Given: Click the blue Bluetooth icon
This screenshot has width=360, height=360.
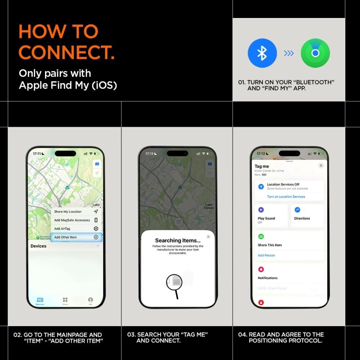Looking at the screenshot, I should (x=262, y=53).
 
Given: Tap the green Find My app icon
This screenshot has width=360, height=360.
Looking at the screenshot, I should (x=315, y=53).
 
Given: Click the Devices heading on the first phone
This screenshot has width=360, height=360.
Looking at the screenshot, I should (x=39, y=246).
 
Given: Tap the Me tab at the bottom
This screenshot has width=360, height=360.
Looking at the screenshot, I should (x=90, y=301).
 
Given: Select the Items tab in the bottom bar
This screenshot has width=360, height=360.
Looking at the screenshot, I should (x=65, y=301).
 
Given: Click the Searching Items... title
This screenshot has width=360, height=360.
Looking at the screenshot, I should (x=178, y=240).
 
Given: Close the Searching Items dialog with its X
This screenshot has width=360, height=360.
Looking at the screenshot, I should (x=208, y=237).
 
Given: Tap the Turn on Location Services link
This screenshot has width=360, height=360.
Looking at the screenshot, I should (x=286, y=197).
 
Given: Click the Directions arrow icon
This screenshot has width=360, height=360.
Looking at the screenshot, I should (x=297, y=210).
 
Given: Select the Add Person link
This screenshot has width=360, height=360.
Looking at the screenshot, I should (x=266, y=255).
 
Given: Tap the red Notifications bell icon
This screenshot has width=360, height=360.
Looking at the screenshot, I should (x=261, y=269).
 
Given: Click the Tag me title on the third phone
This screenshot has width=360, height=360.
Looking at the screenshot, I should (x=262, y=166).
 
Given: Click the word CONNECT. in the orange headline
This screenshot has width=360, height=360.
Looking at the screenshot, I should (x=67, y=52).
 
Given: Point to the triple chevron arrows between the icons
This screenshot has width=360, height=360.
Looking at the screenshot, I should (x=289, y=53).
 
